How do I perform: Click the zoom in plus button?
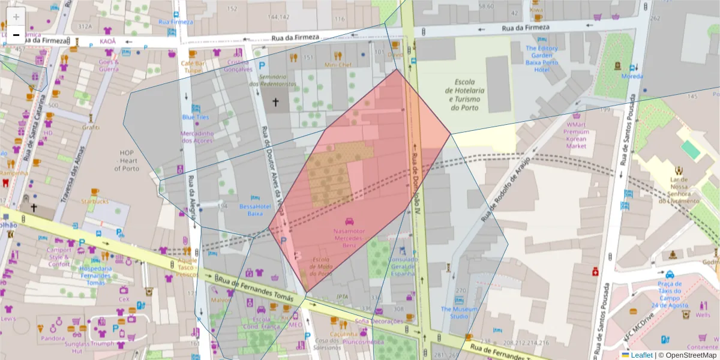point(16,16)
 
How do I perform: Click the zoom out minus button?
point(16,35)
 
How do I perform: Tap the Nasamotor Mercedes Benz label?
point(349,238)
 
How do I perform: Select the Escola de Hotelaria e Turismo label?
point(466,95)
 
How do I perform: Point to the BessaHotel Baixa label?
point(256,209)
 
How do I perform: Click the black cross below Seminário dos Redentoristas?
point(276,103)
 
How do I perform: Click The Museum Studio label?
point(459,313)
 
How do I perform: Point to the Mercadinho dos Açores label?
point(197,137)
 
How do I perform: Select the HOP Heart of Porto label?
point(127,160)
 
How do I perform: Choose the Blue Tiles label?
point(196,117)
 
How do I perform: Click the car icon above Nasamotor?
point(350,221)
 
